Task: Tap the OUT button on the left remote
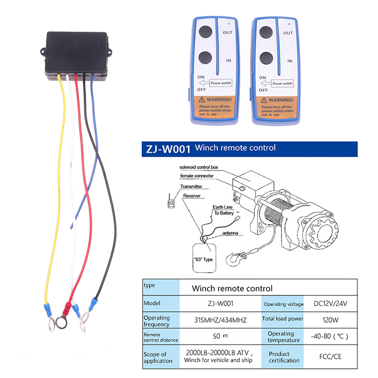(205, 33)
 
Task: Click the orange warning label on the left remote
(215, 106)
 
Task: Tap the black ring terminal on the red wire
(61, 323)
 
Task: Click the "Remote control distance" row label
(161, 337)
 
